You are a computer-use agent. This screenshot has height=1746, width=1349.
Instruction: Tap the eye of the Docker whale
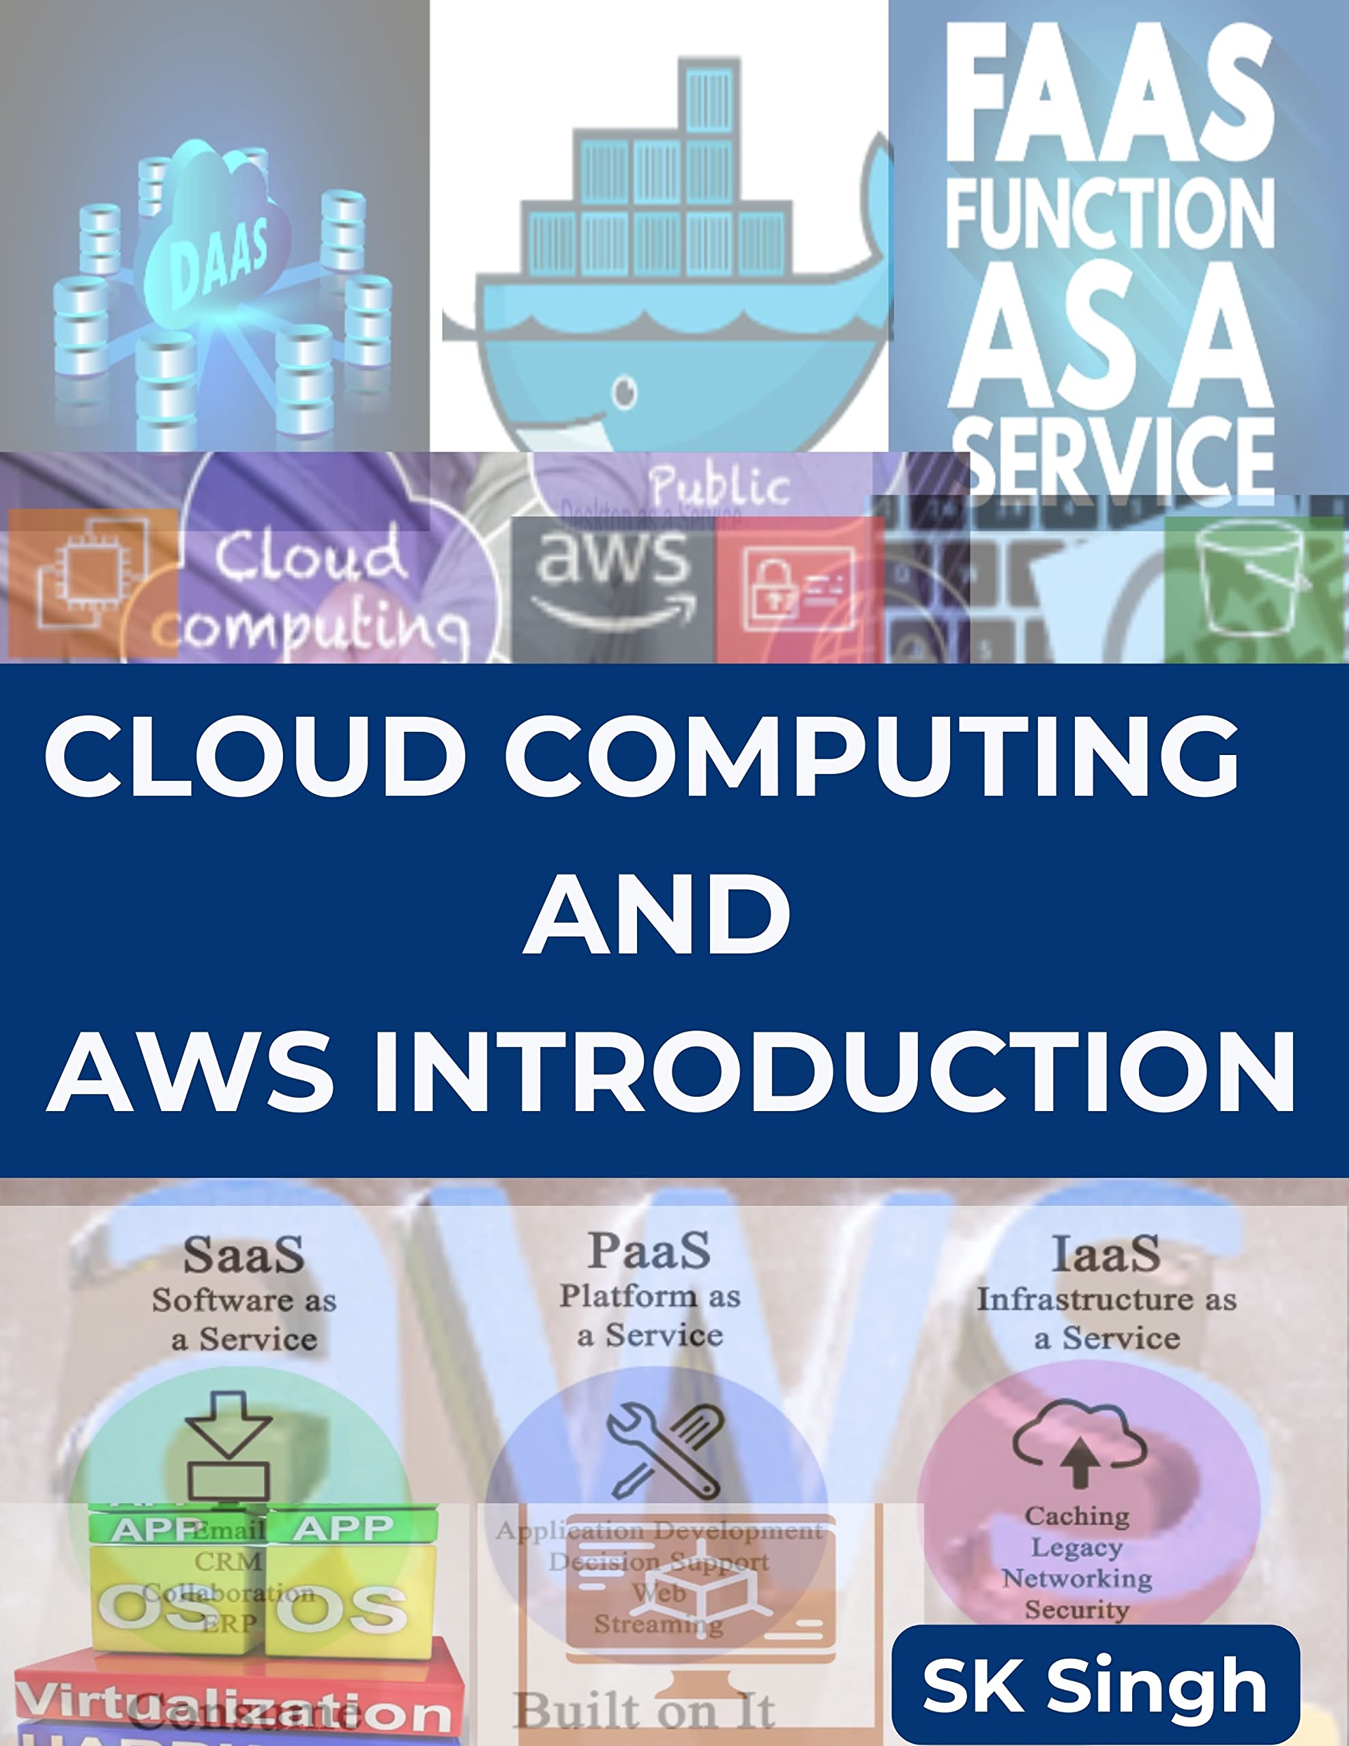click(625, 391)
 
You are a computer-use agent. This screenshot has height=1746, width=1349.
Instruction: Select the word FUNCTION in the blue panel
click(1109, 213)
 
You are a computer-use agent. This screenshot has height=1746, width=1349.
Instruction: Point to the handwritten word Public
click(719, 486)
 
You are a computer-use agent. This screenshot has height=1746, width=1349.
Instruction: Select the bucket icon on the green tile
click(1251, 577)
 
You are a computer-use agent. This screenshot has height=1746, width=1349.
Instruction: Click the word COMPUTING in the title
click(872, 755)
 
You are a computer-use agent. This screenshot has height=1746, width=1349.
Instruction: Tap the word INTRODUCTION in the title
click(835, 1072)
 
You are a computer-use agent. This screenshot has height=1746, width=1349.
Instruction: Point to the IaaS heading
click(1106, 1254)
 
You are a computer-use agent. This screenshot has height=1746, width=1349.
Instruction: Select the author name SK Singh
click(1095, 1685)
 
